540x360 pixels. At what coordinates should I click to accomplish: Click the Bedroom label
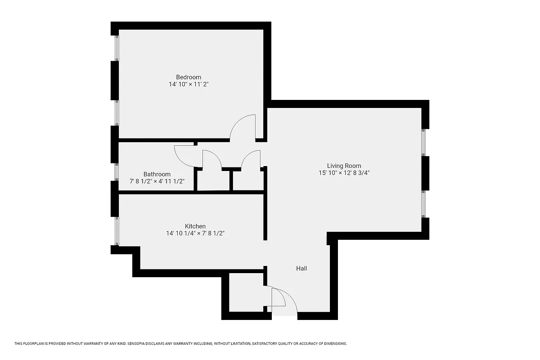pos(189,77)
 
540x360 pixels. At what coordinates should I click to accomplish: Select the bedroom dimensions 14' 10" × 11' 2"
pos(189,84)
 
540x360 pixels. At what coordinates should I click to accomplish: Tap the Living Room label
pos(344,166)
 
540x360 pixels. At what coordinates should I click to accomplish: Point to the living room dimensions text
pos(344,173)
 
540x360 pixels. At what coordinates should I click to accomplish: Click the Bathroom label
pos(157,174)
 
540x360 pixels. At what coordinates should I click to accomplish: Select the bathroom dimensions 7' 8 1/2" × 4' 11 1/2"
pos(157,181)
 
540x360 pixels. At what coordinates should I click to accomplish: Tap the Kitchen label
pos(195,226)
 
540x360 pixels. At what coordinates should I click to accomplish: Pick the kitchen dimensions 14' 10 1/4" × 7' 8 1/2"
pos(195,234)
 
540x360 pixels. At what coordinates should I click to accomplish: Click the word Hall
pos(301,268)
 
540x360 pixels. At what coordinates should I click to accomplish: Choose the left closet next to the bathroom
pos(213,180)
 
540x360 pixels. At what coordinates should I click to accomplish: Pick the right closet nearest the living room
pos(247,180)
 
